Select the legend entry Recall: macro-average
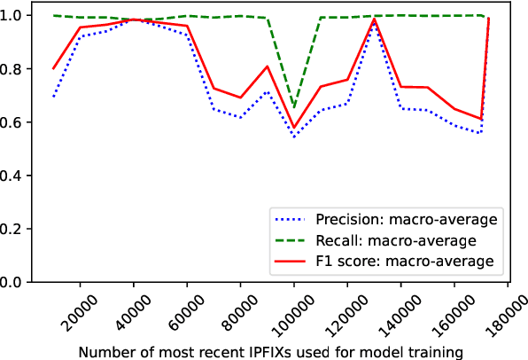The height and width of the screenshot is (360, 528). coord(386,239)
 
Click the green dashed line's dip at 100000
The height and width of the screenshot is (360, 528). coord(294,108)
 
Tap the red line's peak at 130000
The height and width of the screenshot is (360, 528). coord(374,20)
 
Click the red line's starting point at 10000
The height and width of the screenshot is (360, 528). coord(54,69)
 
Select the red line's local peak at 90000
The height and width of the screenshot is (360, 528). coord(268,67)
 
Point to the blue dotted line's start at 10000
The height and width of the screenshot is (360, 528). coord(54,97)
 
